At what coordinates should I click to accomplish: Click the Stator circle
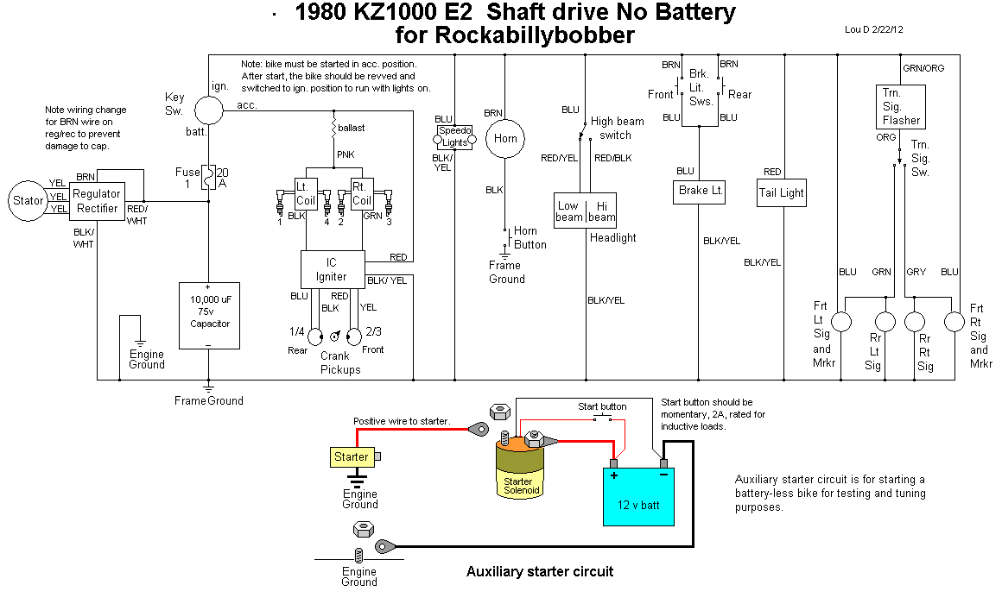[x=28, y=201]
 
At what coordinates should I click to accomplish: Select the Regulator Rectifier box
[x=96, y=201]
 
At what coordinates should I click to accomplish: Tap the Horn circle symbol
[x=505, y=139]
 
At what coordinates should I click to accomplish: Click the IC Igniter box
[x=332, y=270]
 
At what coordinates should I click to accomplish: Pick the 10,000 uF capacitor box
[x=209, y=315]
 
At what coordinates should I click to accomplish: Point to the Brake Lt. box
[x=699, y=192]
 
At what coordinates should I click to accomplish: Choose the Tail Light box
[x=782, y=193]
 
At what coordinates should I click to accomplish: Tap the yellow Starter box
[x=352, y=457]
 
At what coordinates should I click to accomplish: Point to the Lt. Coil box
[x=307, y=193]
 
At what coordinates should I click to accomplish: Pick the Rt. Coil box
[x=362, y=193]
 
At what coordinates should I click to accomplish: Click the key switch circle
[x=208, y=110]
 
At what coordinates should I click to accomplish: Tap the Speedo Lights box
[x=454, y=136]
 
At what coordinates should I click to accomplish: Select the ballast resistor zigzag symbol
[x=333, y=128]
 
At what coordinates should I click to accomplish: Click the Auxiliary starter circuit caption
[x=540, y=572]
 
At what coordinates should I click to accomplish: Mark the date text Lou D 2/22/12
[x=874, y=29]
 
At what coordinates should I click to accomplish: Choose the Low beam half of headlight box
[x=569, y=211]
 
